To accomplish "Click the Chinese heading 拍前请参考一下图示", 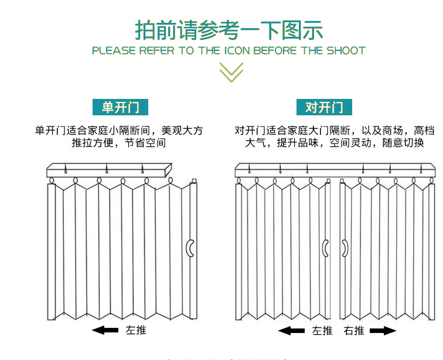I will point(229,30).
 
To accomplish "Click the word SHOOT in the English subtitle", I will point(346,50).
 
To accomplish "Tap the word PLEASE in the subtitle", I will point(114,50).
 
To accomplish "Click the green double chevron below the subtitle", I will point(231,72).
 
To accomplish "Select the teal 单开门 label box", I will point(121,107).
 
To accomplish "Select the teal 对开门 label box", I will point(324,107).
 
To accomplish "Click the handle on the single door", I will point(190,249).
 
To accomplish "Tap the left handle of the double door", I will point(325,249).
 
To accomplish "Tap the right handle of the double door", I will point(345,249).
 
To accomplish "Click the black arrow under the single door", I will point(105,331).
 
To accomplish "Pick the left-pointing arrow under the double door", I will point(291,331).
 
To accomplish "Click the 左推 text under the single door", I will point(136,330).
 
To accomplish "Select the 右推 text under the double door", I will point(354,331).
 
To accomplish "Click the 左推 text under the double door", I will point(322,331).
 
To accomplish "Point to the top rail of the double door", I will point(335,170).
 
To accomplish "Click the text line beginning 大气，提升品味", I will point(334,143).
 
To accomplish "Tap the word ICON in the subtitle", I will point(236,50).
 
